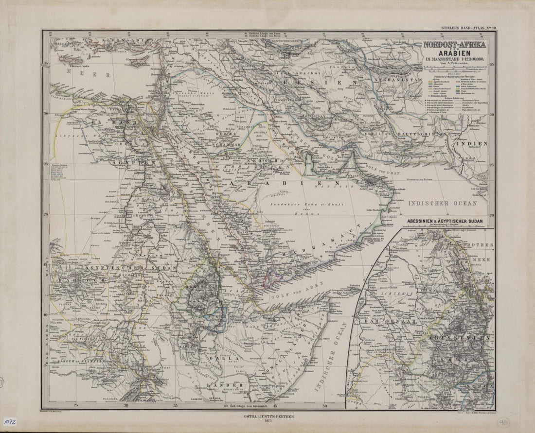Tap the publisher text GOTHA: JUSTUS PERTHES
267,416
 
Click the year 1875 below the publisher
267,422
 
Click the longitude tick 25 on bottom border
76,405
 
